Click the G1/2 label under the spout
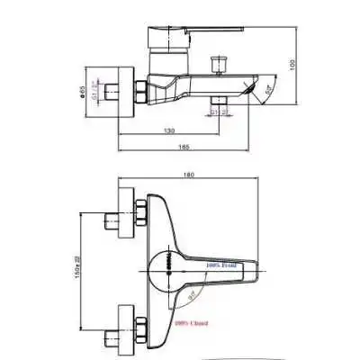coord(218,111)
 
